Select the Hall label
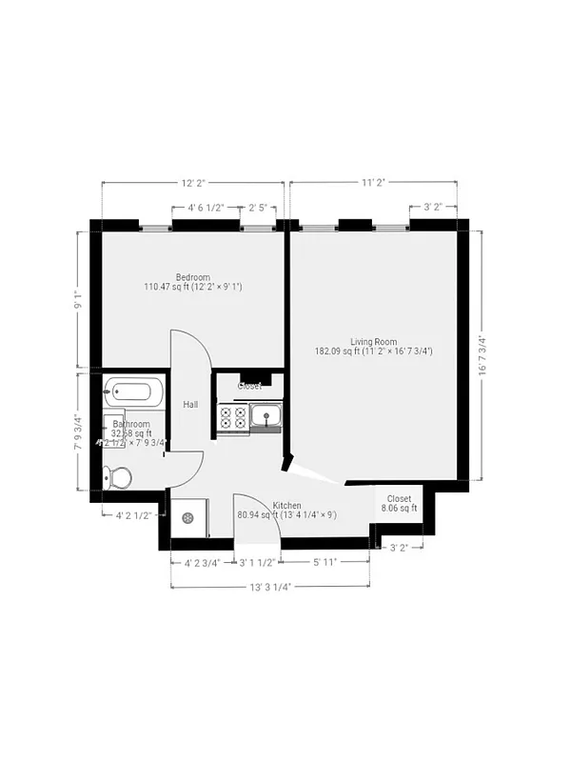(190, 405)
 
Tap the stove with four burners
(234, 416)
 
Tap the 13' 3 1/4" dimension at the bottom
(269, 586)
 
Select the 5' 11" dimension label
(325, 561)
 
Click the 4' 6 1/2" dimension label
(206, 207)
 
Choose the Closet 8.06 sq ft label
(399, 503)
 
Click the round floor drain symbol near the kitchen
(188, 517)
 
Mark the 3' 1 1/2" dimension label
(257, 561)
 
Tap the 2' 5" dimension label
(259, 207)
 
